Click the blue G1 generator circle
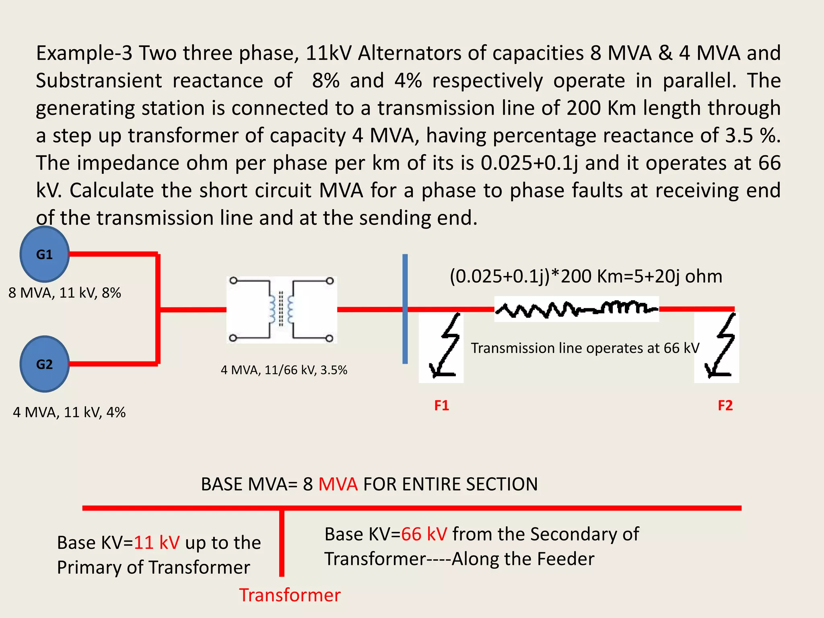tap(44, 254)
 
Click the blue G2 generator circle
tap(44, 364)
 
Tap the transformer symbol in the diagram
tap(282, 309)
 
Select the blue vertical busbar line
tap(405, 309)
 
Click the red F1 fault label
tap(441, 405)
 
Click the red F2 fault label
tap(725, 405)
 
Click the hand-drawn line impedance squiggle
tap(576, 309)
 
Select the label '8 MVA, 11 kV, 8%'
tap(65, 293)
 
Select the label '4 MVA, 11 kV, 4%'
tap(69, 412)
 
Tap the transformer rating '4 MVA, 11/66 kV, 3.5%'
tap(284, 370)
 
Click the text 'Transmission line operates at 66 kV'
tap(585, 348)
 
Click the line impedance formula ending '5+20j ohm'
tap(586, 276)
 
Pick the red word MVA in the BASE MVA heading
tap(338, 484)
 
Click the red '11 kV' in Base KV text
tap(157, 542)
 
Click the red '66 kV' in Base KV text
tap(424, 534)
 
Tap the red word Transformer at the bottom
tap(290, 595)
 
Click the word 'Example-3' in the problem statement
tap(84, 53)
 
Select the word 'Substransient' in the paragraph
tap(99, 80)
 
